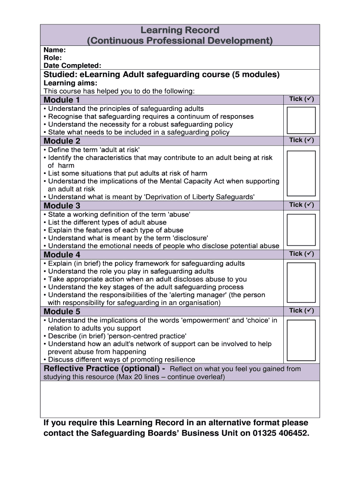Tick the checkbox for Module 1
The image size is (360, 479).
(301, 121)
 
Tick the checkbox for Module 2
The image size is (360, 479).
(301, 174)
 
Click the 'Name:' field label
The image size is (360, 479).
(54, 50)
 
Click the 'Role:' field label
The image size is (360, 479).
(53, 58)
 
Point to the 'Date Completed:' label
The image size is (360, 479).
(72, 66)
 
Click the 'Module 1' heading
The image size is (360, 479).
(62, 100)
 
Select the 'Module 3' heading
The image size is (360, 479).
(62, 206)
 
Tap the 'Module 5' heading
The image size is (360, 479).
(62, 312)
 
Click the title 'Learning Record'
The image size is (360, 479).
(180, 30)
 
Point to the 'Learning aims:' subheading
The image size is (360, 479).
(70, 83)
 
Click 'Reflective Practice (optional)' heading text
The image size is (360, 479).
(104, 369)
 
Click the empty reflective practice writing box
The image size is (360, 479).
(180, 399)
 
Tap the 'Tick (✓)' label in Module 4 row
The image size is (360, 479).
(301, 254)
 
